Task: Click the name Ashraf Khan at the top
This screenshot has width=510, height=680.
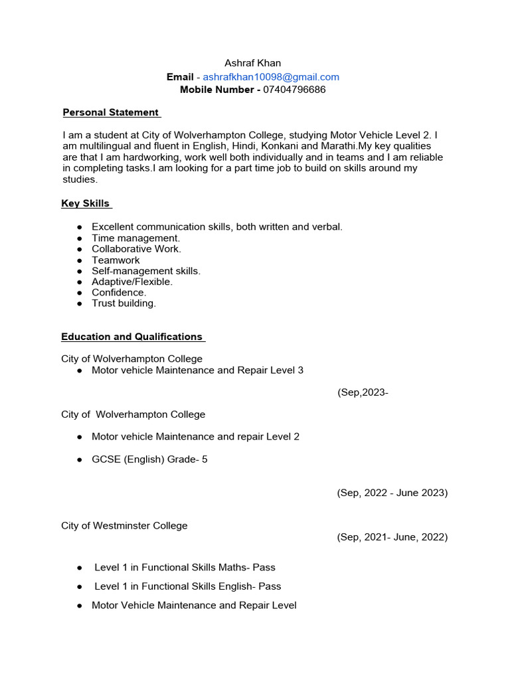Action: [x=252, y=63]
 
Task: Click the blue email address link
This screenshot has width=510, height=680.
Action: [x=271, y=77]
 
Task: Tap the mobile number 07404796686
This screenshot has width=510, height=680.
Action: [x=294, y=90]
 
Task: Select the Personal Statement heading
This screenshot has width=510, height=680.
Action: [x=111, y=112]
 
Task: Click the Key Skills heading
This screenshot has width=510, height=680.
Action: [x=86, y=204]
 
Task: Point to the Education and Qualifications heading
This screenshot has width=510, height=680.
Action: [x=132, y=337]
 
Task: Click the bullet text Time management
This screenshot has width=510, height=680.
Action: [x=135, y=238]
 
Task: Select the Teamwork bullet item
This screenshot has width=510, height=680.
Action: [x=116, y=260]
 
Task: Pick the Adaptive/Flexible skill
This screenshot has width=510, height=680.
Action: [x=131, y=282]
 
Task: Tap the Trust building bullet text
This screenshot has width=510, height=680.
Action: [x=124, y=303]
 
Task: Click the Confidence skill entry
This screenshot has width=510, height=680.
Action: [x=119, y=292]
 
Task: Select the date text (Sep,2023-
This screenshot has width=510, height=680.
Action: [x=363, y=392]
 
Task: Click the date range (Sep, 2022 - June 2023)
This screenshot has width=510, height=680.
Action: [x=392, y=493]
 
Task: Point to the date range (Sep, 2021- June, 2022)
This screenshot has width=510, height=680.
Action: [x=392, y=537]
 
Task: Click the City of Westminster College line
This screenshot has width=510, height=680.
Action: [x=124, y=526]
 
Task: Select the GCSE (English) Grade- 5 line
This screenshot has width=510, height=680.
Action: [x=149, y=459]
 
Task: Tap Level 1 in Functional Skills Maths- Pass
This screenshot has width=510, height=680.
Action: [x=185, y=568]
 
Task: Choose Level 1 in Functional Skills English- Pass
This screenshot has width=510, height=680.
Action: [x=187, y=586]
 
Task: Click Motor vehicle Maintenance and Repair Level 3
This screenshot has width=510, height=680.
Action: [x=197, y=370]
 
